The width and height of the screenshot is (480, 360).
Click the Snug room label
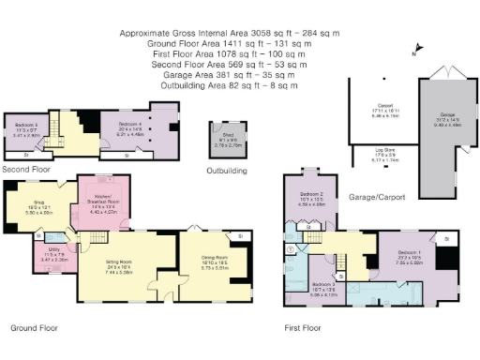click(x=32, y=204)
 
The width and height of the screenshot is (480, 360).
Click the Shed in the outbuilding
click(x=228, y=142)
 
